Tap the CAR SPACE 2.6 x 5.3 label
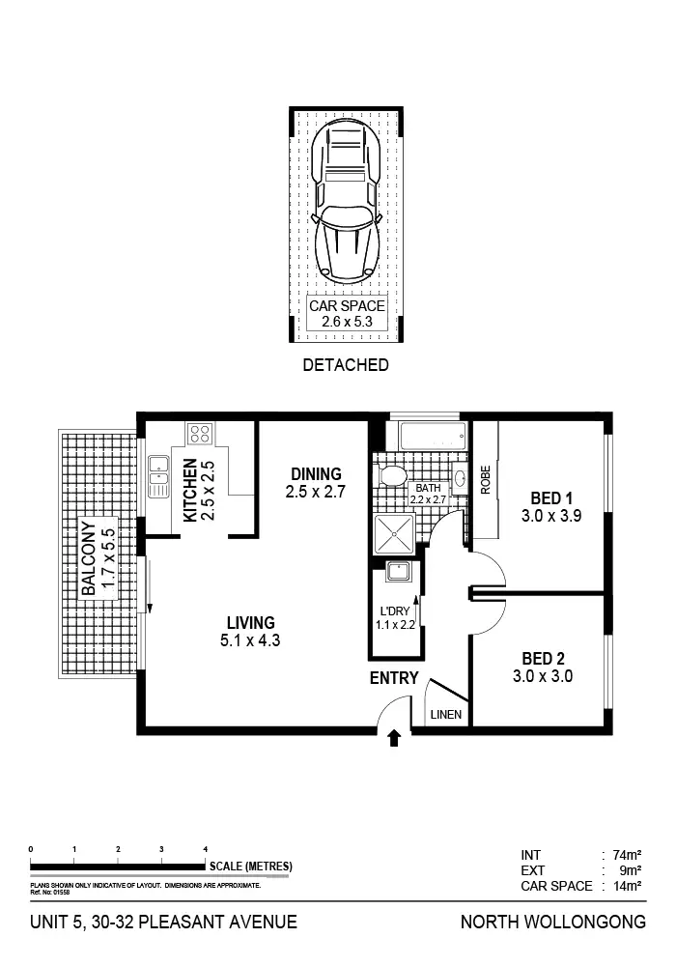[x=347, y=314]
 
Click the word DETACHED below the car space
[x=346, y=365]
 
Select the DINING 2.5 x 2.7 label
[x=315, y=483]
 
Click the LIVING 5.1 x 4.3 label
[x=251, y=631]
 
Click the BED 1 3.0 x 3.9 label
[x=547, y=507]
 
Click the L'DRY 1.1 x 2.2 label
[x=395, y=616]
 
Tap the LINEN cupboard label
[x=445, y=716]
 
